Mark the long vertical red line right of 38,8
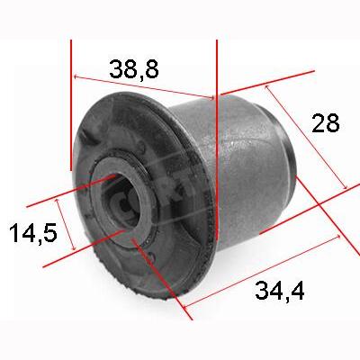pyautogui.click(x=217, y=135)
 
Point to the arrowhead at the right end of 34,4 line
pyautogui.click(x=340, y=237)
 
